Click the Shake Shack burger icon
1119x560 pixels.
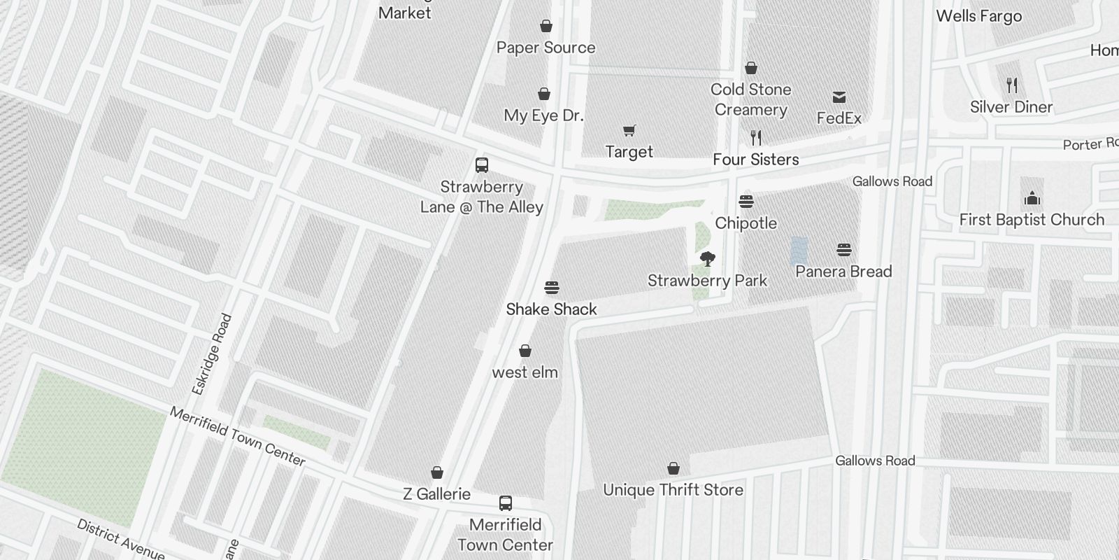[552, 288]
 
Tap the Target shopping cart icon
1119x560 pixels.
[629, 130]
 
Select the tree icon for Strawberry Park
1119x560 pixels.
[708, 259]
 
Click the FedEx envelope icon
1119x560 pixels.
[839, 97]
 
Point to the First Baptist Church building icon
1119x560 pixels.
[1032, 198]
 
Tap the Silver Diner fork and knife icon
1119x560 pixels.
[1011, 85]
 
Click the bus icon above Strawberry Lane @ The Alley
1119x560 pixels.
[482, 165]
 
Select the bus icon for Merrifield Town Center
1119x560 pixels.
[506, 503]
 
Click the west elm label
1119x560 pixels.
[525, 372]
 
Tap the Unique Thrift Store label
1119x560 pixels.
[673, 490]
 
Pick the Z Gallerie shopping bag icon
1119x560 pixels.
[437, 472]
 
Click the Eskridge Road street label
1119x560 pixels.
[211, 354]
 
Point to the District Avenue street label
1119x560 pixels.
[120, 539]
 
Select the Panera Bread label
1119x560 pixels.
[843, 272]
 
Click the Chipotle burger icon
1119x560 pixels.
[746, 202]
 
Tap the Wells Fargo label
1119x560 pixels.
[978, 16]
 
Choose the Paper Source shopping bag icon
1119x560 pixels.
[546, 27]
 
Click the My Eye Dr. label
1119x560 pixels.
[543, 115]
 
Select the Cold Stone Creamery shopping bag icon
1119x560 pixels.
[751, 68]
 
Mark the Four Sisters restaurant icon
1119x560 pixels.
[755, 137]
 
